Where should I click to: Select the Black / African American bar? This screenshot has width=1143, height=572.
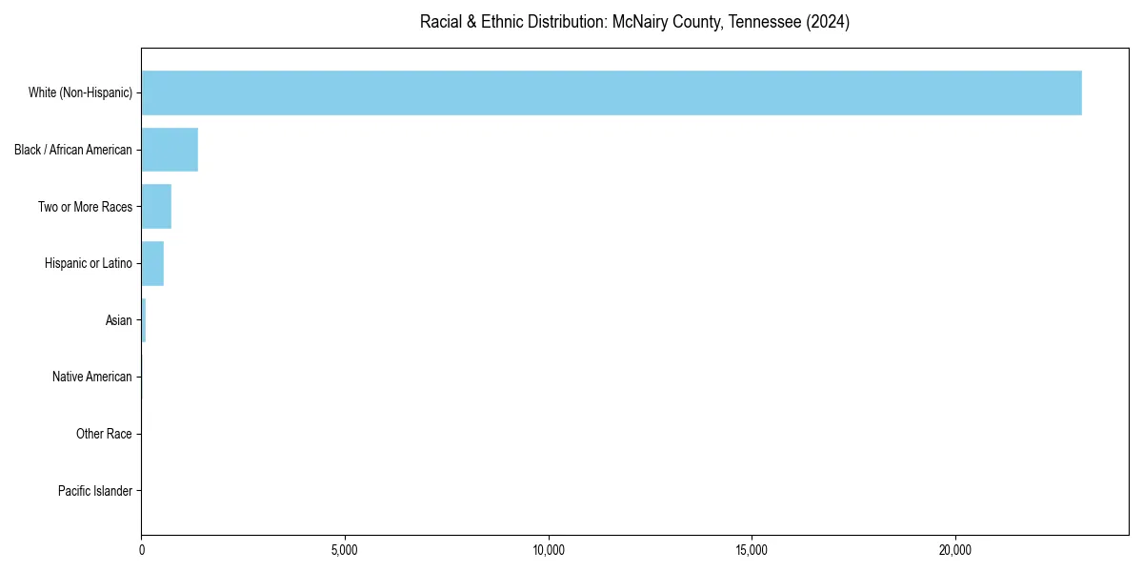click(x=170, y=150)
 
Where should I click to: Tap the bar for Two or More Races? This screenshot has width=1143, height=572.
click(x=156, y=207)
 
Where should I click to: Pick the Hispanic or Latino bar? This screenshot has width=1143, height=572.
click(x=152, y=263)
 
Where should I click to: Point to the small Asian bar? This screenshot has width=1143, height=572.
click(x=144, y=320)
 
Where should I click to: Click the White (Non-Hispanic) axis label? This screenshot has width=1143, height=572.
click(x=80, y=92)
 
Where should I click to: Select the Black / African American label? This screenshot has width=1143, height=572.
click(x=73, y=150)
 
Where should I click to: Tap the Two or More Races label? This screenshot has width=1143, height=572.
click(x=85, y=207)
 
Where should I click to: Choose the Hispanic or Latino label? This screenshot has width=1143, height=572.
click(x=89, y=263)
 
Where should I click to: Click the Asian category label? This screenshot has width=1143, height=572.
click(x=119, y=320)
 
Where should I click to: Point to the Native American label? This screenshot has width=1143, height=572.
click(x=92, y=377)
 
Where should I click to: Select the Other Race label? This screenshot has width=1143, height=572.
click(x=104, y=434)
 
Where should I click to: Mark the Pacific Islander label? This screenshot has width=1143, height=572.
click(x=95, y=491)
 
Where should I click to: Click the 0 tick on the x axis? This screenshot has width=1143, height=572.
click(x=142, y=550)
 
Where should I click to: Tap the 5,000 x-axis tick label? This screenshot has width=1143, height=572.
click(x=345, y=550)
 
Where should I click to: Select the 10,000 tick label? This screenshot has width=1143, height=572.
click(x=549, y=550)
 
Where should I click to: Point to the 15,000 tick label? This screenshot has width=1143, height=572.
click(x=752, y=550)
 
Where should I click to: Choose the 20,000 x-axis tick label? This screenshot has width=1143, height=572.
click(x=955, y=550)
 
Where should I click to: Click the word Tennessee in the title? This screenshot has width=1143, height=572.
click(x=762, y=22)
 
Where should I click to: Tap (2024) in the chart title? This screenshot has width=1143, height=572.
click(x=828, y=22)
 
